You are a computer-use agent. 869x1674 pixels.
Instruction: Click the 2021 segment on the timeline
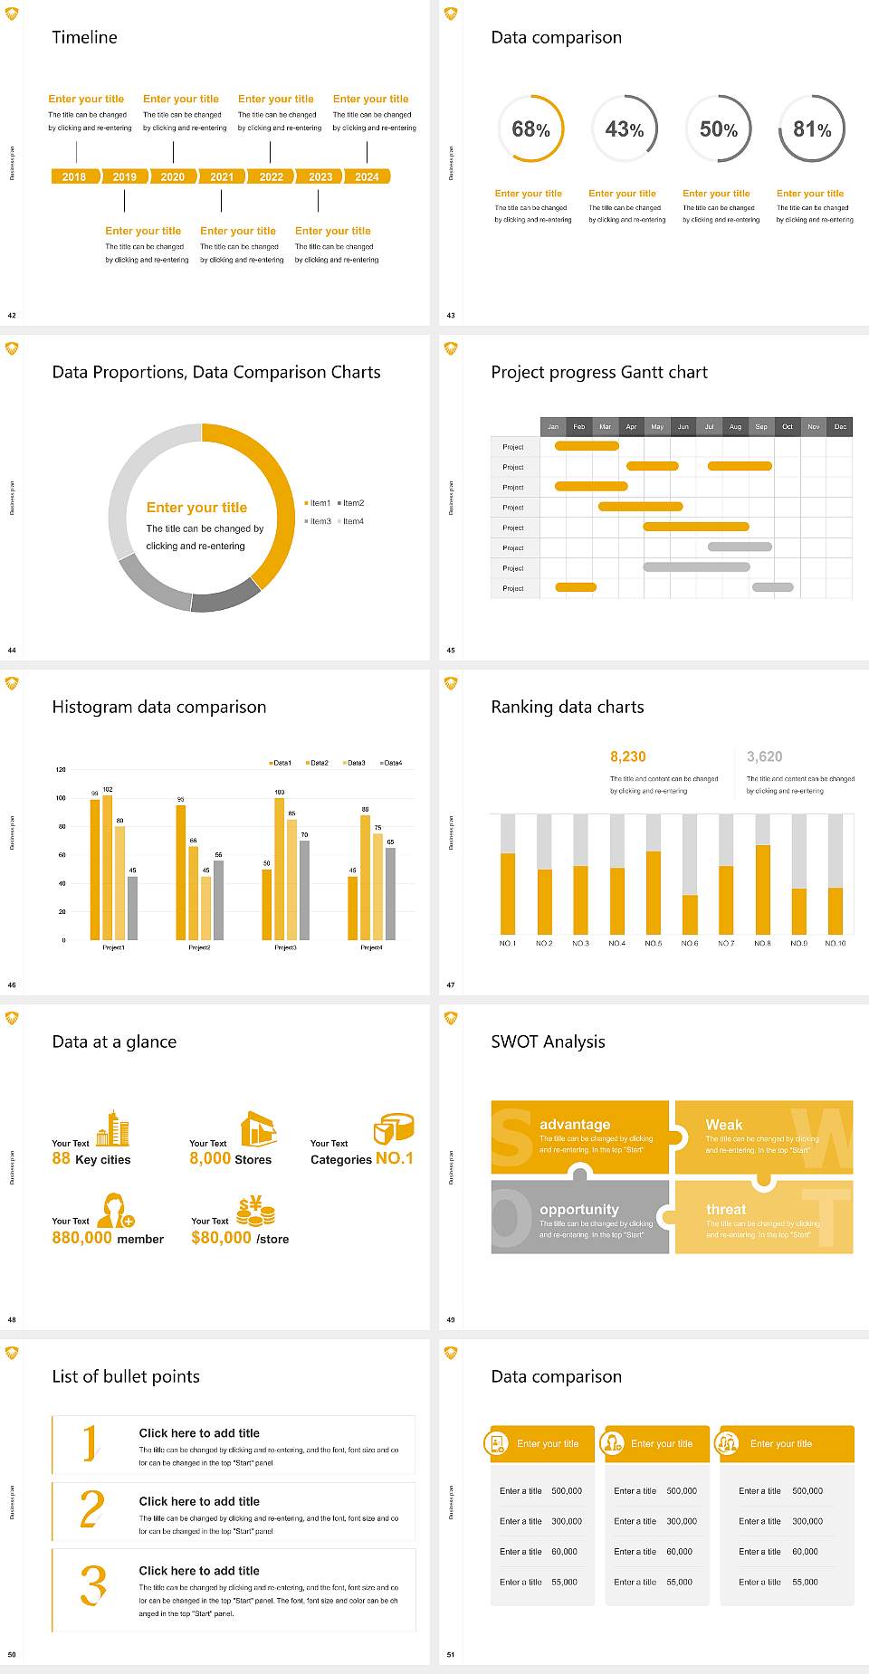(x=222, y=176)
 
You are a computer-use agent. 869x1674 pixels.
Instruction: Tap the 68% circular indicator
(x=530, y=129)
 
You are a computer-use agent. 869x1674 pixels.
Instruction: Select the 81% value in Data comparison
(x=812, y=129)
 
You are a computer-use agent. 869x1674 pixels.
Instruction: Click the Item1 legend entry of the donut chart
(x=319, y=503)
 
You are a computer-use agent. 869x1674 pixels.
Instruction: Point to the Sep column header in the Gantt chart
(x=761, y=426)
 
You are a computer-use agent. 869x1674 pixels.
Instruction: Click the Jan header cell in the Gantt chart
(x=553, y=426)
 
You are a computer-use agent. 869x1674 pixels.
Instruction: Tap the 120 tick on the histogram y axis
(x=61, y=770)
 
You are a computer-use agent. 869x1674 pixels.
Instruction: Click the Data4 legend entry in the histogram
(x=391, y=763)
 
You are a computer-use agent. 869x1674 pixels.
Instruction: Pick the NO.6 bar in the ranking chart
(x=690, y=914)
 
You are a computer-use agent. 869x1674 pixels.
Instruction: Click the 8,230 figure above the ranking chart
(x=628, y=756)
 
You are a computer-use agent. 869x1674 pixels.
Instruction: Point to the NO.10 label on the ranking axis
(x=836, y=943)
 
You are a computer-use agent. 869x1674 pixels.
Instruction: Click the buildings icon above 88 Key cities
(x=113, y=1128)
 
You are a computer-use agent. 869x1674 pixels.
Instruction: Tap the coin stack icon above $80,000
(x=256, y=1211)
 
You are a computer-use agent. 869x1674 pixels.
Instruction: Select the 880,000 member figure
(x=108, y=1238)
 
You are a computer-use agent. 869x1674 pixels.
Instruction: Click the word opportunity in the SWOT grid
(x=579, y=1209)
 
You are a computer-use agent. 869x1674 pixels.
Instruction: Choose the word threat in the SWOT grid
(x=726, y=1209)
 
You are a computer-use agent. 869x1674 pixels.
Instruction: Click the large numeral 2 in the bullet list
(x=92, y=1509)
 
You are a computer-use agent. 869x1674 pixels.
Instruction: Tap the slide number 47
(x=451, y=985)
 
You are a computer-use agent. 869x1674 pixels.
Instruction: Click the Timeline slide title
(x=84, y=37)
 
